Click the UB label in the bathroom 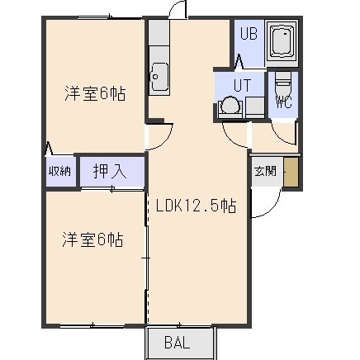pyautogui.click(x=249, y=34)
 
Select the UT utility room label pyautogui.click(x=242, y=85)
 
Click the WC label pyautogui.click(x=284, y=102)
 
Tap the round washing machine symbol pyautogui.click(x=230, y=105)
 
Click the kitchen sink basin pyautogui.click(x=159, y=76)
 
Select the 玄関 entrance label pyautogui.click(x=265, y=172)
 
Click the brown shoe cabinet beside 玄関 pyautogui.click(x=291, y=173)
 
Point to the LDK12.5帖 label pyautogui.click(x=197, y=206)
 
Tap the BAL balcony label pyautogui.click(x=178, y=343)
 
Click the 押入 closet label pyautogui.click(x=110, y=172)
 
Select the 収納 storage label pyautogui.click(x=59, y=171)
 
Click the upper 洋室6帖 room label pyautogui.click(x=95, y=93)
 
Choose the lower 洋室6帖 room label pyautogui.click(x=92, y=239)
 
